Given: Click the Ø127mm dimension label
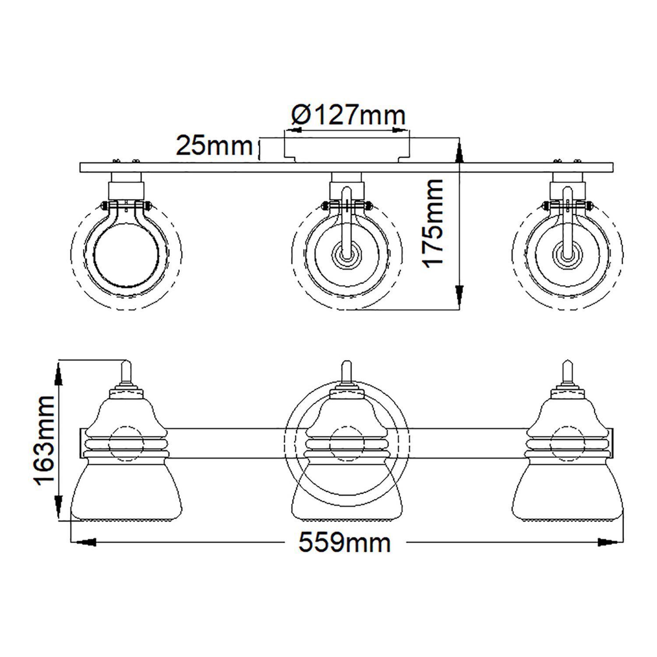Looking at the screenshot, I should click(348, 115).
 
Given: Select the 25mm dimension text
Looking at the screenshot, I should click(214, 145).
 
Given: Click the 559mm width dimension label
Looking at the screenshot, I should click(344, 543).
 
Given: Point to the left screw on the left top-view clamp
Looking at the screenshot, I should click(104, 205).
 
